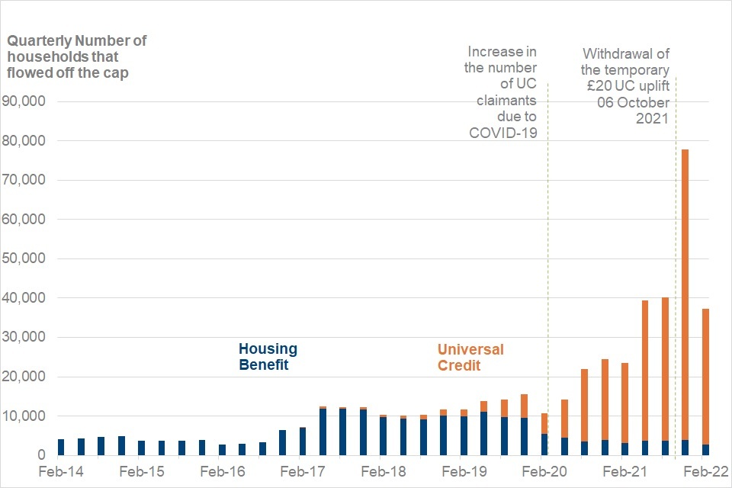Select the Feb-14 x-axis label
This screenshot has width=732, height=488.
click(61, 472)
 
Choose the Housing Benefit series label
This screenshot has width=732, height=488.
click(268, 357)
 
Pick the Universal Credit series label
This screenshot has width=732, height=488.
click(470, 357)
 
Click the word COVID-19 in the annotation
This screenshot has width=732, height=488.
click(502, 133)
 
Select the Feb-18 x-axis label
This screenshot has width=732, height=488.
click(384, 472)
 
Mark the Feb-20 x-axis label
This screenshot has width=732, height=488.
click(544, 472)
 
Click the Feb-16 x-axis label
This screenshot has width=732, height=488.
click(223, 472)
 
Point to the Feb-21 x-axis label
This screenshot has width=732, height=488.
click(625, 472)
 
